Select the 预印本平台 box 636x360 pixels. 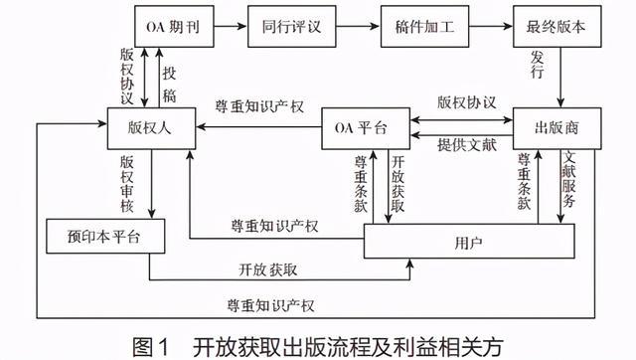97,237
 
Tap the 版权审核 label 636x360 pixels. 127,182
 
